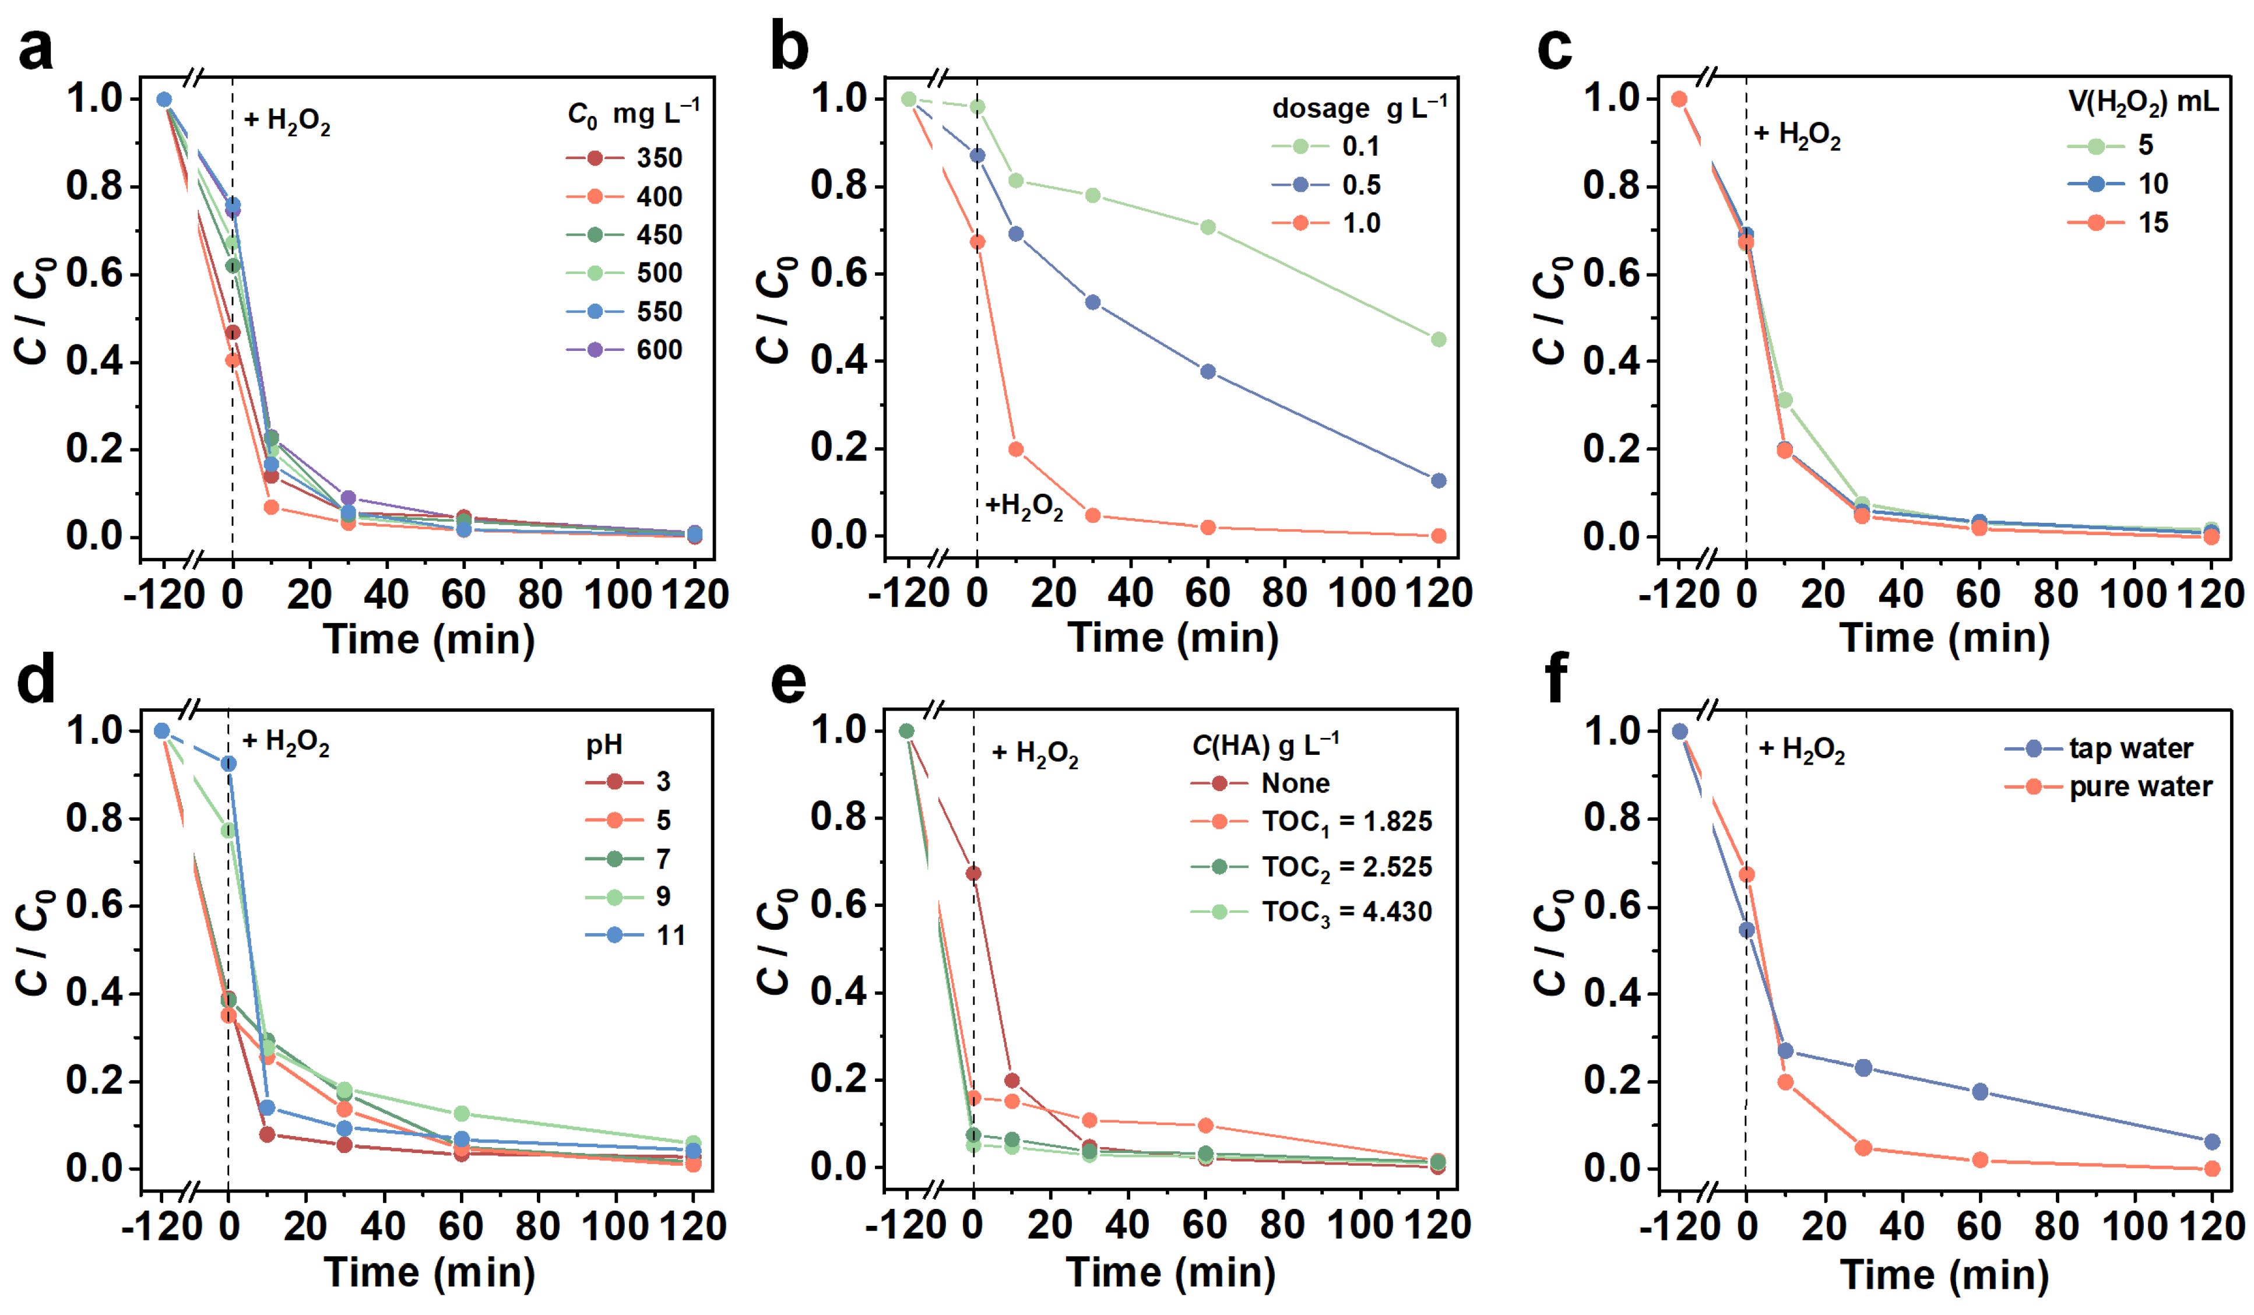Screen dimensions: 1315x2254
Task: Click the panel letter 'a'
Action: [x=36, y=49]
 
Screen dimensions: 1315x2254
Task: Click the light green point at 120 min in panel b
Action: [x=1439, y=340]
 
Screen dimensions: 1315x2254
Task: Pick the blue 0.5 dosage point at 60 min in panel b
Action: [x=1208, y=371]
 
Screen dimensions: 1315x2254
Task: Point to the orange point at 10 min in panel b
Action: [x=1015, y=449]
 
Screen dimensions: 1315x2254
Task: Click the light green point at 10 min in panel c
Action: [x=1784, y=400]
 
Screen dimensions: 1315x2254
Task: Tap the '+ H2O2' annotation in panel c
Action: [x=1797, y=135]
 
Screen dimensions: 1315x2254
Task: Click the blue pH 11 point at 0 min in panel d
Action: [x=229, y=763]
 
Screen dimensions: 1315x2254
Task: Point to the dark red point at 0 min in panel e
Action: [x=973, y=873]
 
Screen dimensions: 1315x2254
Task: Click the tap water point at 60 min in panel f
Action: [x=1979, y=1091]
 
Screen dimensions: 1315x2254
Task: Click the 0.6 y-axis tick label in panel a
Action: [x=94, y=274]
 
